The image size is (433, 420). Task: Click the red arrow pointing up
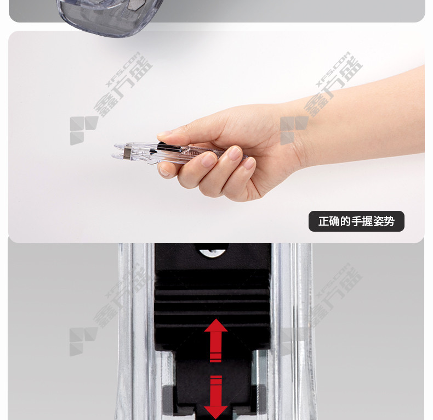(x=215, y=340)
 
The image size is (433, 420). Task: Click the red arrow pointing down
(x=215, y=397)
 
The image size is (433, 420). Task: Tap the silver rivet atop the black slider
(x=212, y=253)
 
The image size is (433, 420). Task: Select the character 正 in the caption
(x=323, y=221)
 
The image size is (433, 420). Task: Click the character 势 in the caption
(x=389, y=221)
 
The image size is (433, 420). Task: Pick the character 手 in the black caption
(x=356, y=221)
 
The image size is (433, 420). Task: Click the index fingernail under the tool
(x=164, y=172)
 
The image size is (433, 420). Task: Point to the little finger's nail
(x=249, y=163)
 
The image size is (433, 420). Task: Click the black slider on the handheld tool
(x=169, y=148)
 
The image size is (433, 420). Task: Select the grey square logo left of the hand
(x=84, y=131)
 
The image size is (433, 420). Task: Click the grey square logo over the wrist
(x=294, y=131)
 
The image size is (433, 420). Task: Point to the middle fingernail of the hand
(x=208, y=160)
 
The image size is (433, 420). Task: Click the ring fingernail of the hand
(x=235, y=153)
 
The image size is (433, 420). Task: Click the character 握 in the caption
(x=367, y=221)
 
